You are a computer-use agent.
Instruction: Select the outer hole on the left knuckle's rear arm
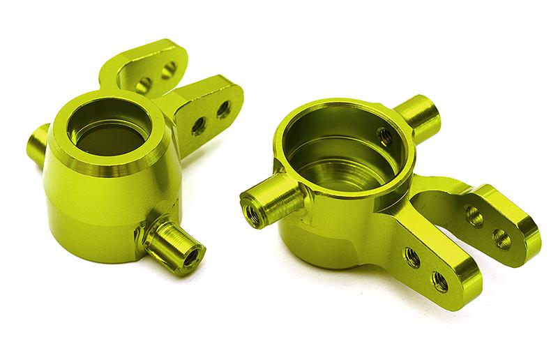click(x=169, y=70)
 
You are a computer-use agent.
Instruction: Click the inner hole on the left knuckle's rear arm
click(x=144, y=85)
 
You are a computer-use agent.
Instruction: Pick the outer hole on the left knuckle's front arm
click(x=223, y=109)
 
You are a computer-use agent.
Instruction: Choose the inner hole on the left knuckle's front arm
click(x=198, y=126)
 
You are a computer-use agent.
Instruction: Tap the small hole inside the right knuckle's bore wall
click(x=383, y=136)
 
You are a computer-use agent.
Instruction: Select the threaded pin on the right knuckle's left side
click(x=271, y=202)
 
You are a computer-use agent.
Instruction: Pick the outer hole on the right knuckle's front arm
click(x=439, y=281)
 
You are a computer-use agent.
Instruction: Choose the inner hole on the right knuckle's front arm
click(x=412, y=258)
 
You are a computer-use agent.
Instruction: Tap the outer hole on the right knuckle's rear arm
click(x=502, y=239)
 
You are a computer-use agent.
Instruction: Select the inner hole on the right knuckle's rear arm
click(x=474, y=217)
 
